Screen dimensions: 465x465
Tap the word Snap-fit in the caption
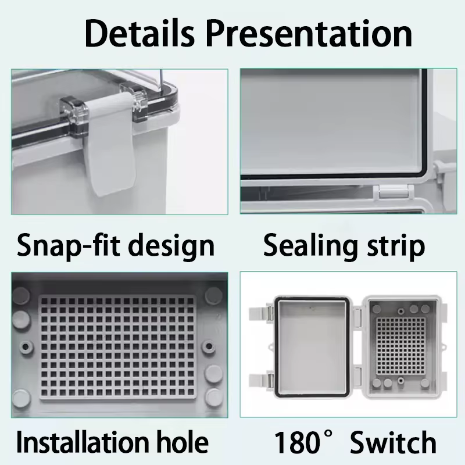tap(68, 245)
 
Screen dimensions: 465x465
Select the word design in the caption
tap(173, 245)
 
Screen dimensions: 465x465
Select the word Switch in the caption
tap(394, 442)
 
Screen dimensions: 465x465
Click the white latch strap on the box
tap(110, 144)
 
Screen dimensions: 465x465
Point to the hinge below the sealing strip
tap(394, 192)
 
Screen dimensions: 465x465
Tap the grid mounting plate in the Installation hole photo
tap(117, 347)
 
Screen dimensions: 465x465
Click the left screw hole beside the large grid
tap(26, 346)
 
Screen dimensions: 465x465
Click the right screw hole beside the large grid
tap(209, 346)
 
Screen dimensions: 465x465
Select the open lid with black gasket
tap(312, 346)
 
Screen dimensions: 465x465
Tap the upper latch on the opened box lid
tap(261, 313)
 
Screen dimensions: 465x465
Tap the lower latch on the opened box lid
tap(261, 380)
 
